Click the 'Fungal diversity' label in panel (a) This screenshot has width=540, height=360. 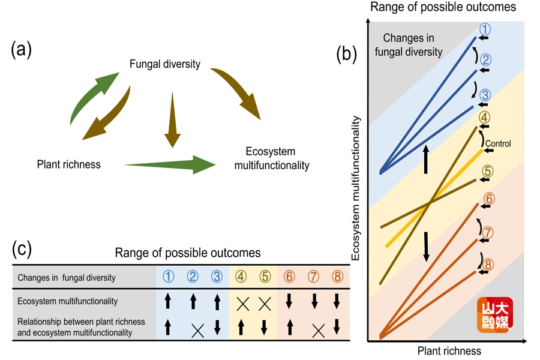(x=165, y=64)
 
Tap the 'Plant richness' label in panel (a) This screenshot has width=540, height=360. (x=69, y=164)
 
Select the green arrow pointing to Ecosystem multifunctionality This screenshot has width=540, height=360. (x=170, y=164)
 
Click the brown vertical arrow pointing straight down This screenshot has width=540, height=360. (x=172, y=119)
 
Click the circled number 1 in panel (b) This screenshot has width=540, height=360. (x=485, y=29)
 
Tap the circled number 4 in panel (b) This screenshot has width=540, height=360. (x=484, y=118)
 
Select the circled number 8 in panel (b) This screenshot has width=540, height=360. (x=488, y=265)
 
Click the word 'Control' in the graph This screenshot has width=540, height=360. (x=498, y=143)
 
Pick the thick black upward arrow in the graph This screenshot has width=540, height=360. (x=426, y=159)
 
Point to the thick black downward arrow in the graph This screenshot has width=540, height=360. (x=427, y=247)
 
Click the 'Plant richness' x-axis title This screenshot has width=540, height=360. (x=449, y=351)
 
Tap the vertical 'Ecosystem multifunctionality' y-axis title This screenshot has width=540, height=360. (x=355, y=188)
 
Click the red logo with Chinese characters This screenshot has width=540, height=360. (x=495, y=315)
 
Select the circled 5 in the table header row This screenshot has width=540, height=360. (x=265, y=276)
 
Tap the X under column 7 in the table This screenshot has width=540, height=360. (x=318, y=331)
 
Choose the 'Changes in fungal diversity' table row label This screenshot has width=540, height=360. (x=67, y=278)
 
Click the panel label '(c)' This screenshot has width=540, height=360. (x=22, y=249)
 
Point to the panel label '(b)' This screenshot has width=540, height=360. (x=347, y=54)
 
